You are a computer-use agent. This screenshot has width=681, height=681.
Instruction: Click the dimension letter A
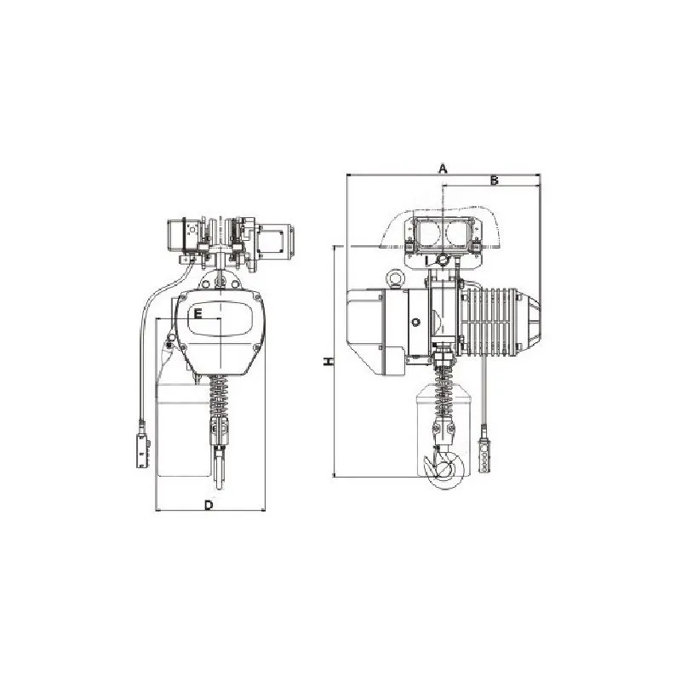(x=443, y=169)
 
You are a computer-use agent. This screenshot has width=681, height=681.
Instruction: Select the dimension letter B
(x=495, y=180)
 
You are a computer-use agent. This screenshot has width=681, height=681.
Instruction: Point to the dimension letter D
(x=209, y=505)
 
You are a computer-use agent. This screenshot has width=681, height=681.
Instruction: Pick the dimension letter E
(x=197, y=313)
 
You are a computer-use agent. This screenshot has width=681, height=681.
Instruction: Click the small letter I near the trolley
(x=427, y=260)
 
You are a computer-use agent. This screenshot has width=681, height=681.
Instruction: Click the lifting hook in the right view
(x=444, y=466)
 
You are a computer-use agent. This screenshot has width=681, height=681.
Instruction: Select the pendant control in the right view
(x=484, y=455)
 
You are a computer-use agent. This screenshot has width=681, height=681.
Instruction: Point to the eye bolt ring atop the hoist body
(x=395, y=279)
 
